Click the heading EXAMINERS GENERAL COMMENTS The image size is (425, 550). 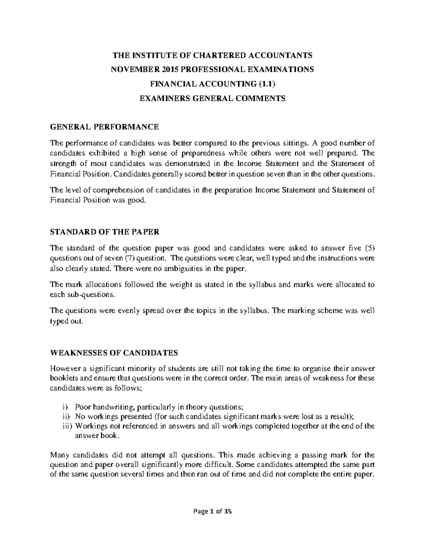[212, 98]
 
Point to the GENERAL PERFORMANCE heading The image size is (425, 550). [104, 126]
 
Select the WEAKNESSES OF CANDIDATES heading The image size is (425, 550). [114, 353]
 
